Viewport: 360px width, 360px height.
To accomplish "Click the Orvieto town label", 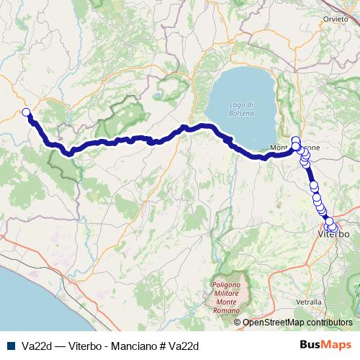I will [x=336, y=18].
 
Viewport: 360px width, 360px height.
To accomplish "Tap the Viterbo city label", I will [x=333, y=235].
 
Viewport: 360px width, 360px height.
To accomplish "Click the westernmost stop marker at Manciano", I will [x=26, y=112].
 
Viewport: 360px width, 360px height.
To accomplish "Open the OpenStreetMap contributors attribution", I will [x=297, y=323].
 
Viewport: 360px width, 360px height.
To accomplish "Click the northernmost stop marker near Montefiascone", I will [x=295, y=139].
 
